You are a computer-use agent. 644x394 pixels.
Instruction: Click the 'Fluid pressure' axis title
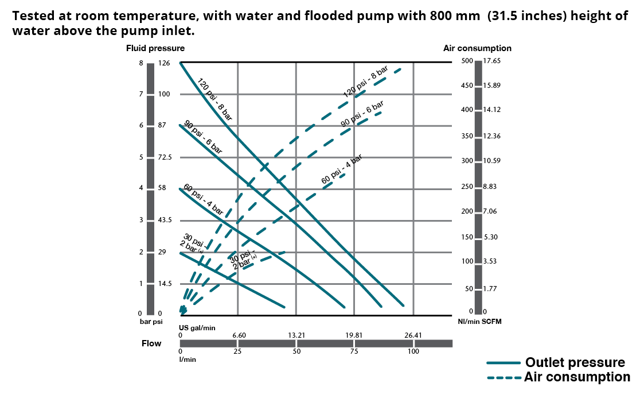click(155, 48)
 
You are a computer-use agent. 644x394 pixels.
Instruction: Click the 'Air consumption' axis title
click(477, 48)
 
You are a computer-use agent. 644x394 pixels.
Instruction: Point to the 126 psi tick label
click(164, 63)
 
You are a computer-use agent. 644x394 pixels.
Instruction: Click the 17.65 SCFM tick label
click(493, 61)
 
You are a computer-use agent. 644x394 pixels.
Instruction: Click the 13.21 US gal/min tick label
click(296, 335)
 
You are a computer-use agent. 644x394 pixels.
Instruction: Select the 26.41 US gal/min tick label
click(413, 335)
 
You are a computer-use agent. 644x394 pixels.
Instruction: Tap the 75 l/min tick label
click(354, 351)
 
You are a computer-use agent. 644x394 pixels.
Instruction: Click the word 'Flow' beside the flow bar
click(151, 343)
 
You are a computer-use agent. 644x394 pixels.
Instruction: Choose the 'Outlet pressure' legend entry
click(575, 362)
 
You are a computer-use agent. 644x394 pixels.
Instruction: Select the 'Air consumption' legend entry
click(576, 377)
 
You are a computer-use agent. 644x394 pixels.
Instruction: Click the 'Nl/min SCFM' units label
click(479, 322)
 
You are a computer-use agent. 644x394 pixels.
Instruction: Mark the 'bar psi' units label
click(152, 322)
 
